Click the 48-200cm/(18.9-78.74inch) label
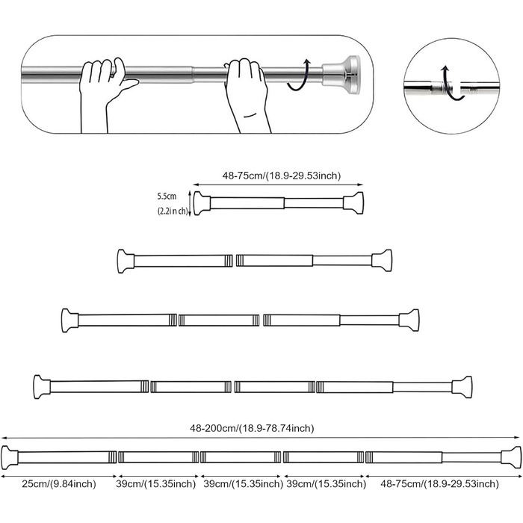[252, 428]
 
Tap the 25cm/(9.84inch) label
[59, 483]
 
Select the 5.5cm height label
[167, 196]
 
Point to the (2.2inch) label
[173, 211]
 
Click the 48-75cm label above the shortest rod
[282, 176]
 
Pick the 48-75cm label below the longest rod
[439, 483]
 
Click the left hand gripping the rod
[105, 95]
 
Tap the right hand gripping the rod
[247, 95]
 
